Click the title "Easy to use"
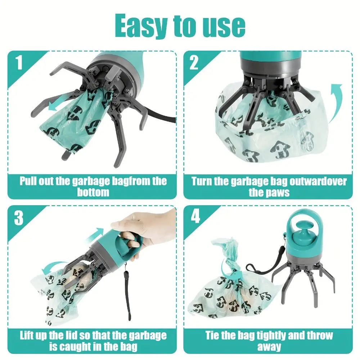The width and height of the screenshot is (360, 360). [180, 26]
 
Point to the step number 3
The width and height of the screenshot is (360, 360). [19, 218]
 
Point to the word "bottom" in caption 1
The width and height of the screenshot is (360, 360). [93, 192]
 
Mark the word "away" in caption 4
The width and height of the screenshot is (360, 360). [269, 347]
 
